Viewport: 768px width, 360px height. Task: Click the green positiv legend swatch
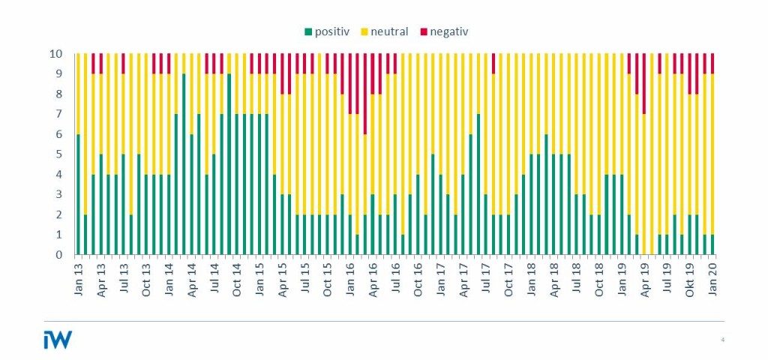307,31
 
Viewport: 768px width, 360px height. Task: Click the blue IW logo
58,340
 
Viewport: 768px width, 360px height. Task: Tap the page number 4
722,340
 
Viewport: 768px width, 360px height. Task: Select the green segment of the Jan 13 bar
79,195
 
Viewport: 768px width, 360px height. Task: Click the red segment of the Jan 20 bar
712,63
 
